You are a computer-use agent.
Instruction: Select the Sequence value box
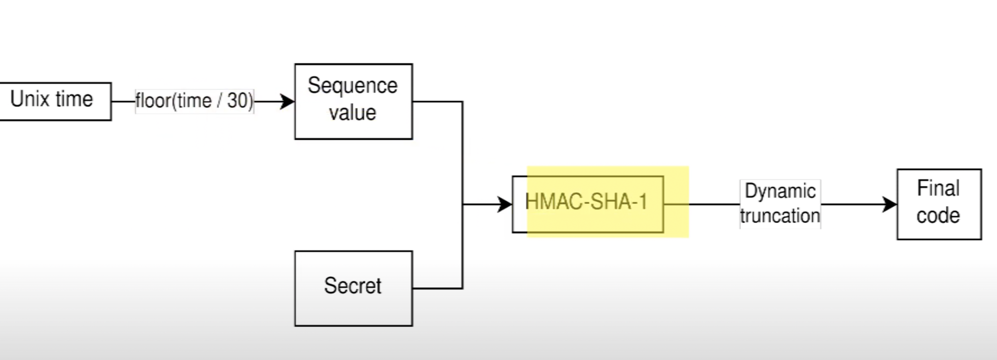(353, 101)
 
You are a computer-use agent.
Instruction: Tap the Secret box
(353, 288)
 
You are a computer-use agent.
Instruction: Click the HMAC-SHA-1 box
(588, 204)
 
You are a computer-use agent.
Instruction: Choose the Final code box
(939, 204)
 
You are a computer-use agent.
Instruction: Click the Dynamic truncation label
(780, 204)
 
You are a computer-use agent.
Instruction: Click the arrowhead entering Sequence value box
(288, 101)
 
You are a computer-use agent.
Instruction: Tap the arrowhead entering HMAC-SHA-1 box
(506, 205)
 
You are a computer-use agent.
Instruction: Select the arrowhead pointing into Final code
(890, 205)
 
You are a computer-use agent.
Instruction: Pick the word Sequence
(353, 86)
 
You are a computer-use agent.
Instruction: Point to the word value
(353, 113)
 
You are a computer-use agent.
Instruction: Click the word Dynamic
(780, 191)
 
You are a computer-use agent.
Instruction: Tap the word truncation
(780, 216)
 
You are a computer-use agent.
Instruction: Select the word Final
(938, 188)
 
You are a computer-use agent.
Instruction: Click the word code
(938, 216)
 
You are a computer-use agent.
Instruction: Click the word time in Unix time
(74, 99)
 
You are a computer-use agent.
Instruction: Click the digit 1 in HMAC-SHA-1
(643, 201)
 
